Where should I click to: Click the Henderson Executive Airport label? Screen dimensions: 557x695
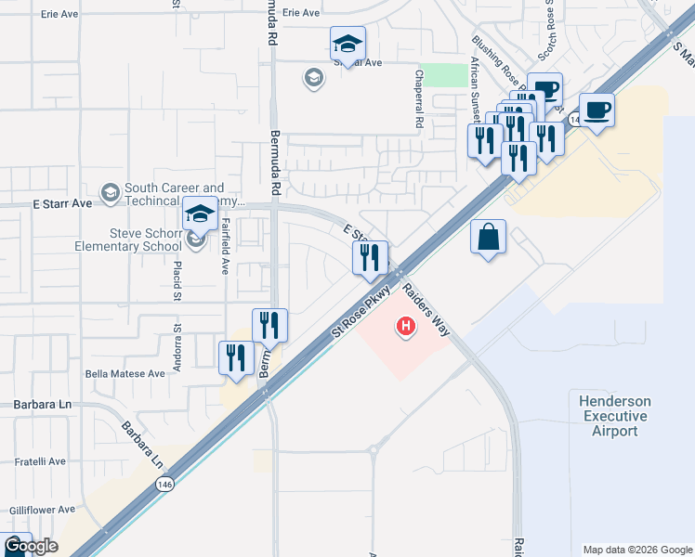(615, 416)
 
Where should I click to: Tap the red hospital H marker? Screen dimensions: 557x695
(406, 326)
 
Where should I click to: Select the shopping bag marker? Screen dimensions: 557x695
(489, 238)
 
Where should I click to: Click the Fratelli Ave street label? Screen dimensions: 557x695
(38, 460)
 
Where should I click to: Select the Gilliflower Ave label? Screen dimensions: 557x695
(42, 510)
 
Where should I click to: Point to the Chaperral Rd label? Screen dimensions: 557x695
(419, 103)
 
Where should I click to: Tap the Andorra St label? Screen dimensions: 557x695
(176, 317)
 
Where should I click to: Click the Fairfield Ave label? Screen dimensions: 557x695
(225, 246)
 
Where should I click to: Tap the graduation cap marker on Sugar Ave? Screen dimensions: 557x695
(347, 43)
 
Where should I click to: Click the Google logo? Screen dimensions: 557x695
(30, 546)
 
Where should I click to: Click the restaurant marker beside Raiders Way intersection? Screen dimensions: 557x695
(370, 258)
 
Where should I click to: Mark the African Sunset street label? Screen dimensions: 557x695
(475, 88)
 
